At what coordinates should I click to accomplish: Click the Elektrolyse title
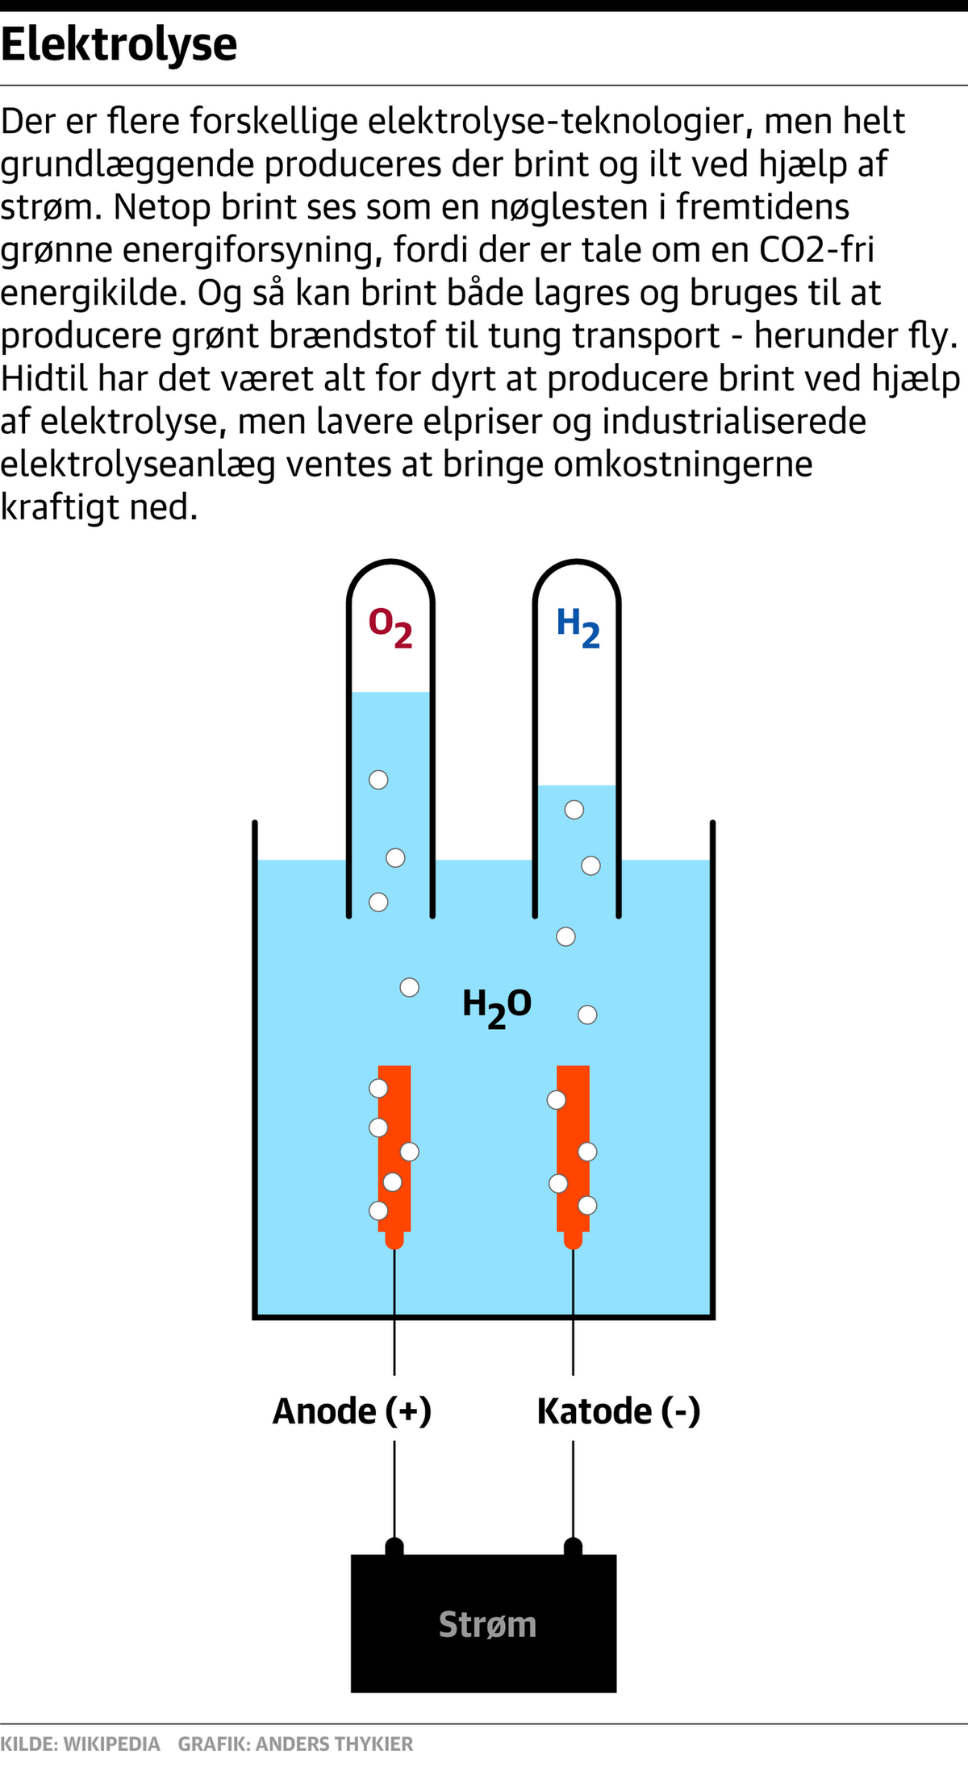[x=119, y=45]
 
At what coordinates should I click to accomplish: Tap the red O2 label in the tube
[x=391, y=628]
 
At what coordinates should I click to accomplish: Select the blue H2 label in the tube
[x=578, y=628]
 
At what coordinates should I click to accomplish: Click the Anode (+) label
[x=353, y=1411]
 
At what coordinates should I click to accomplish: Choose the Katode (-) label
[x=619, y=1411]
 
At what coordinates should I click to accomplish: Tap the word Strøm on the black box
[x=487, y=1624]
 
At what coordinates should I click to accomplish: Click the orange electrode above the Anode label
[x=394, y=1156]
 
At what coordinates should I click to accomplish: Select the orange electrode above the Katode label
[x=573, y=1156]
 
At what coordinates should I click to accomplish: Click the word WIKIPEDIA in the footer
[x=111, y=1744]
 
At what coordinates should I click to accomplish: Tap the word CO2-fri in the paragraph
[x=817, y=250]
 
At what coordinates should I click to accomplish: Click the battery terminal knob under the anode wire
[x=394, y=1546]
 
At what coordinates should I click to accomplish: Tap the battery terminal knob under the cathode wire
[x=573, y=1546]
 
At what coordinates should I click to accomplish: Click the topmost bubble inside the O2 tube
[x=378, y=780]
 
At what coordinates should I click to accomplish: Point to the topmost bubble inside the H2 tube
[x=574, y=810]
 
